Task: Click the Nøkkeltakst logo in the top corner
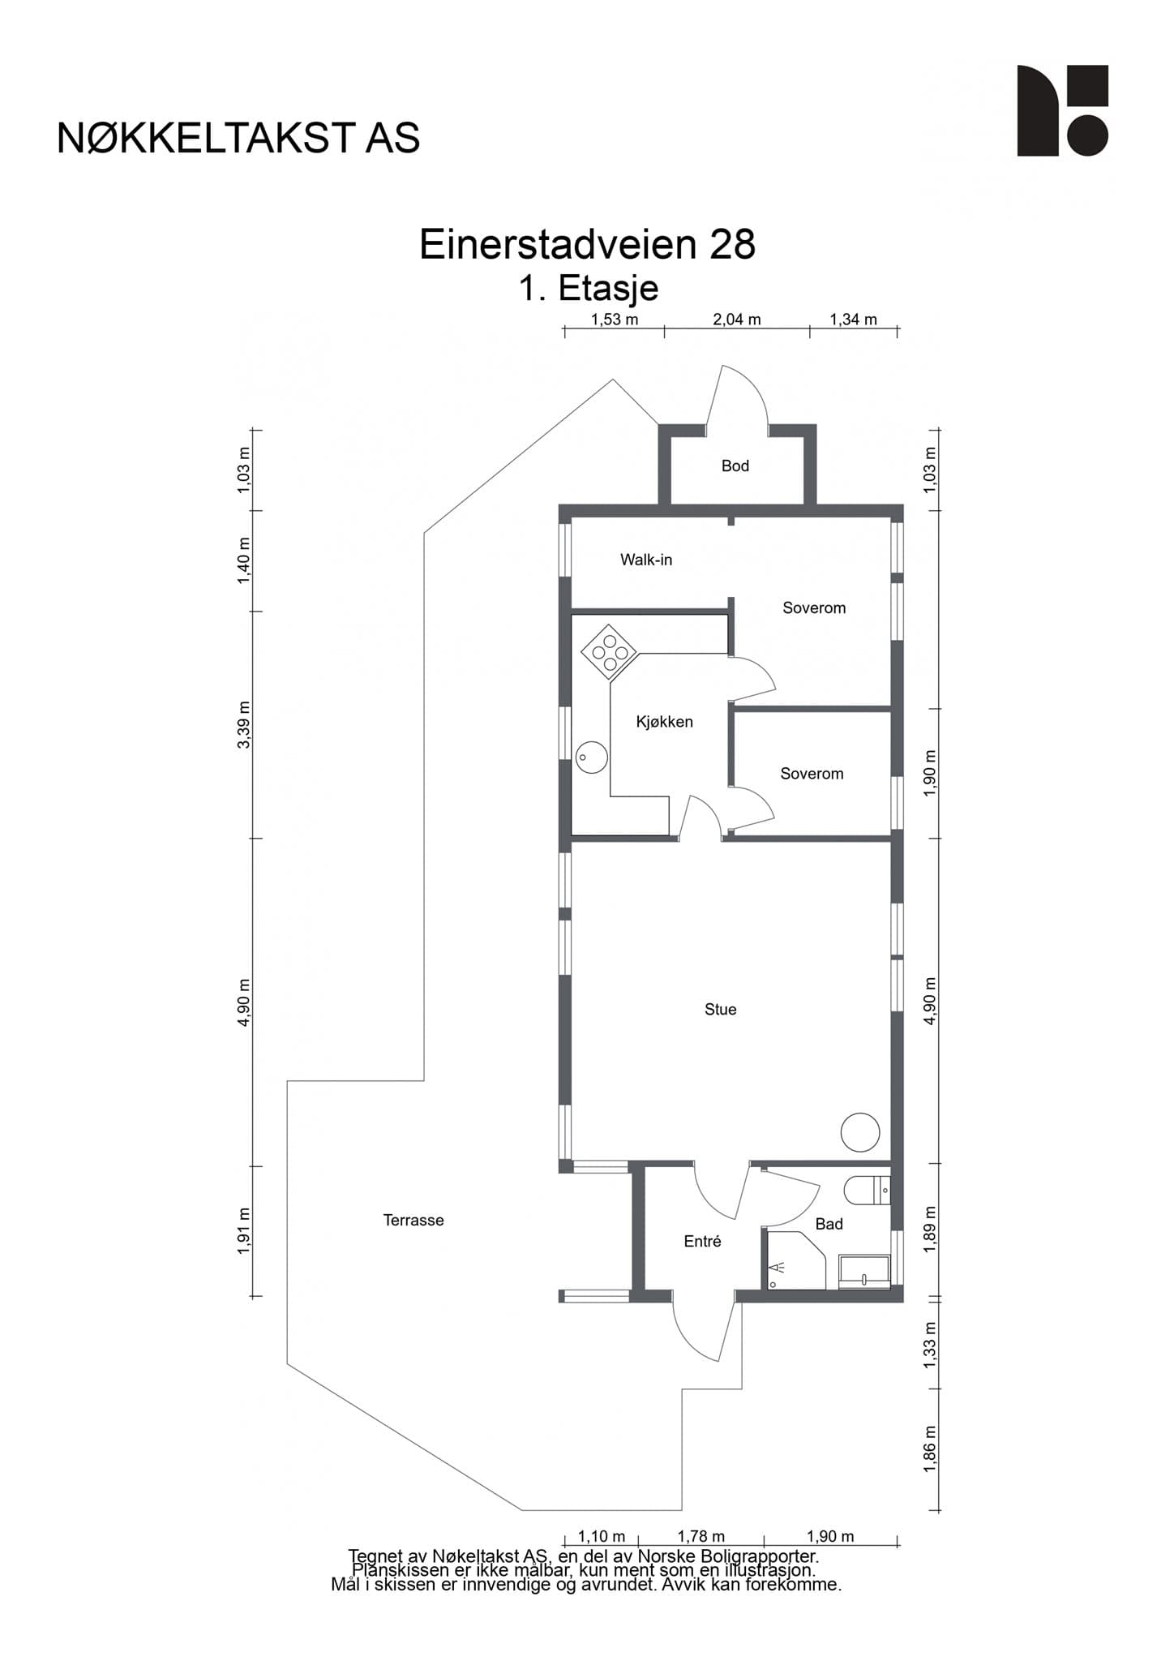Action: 1062,110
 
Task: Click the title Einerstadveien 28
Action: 587,244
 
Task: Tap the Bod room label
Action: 735,466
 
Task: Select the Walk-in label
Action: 646,560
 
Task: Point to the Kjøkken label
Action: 665,722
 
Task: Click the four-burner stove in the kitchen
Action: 610,652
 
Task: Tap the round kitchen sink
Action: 592,758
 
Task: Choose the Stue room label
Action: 721,1009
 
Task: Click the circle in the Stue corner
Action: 860,1131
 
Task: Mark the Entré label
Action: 702,1241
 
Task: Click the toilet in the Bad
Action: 868,1191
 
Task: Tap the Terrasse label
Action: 413,1220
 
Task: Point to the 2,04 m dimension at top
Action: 737,320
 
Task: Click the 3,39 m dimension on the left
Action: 244,724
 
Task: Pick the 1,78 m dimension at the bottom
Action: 701,1536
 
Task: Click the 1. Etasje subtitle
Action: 589,289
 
